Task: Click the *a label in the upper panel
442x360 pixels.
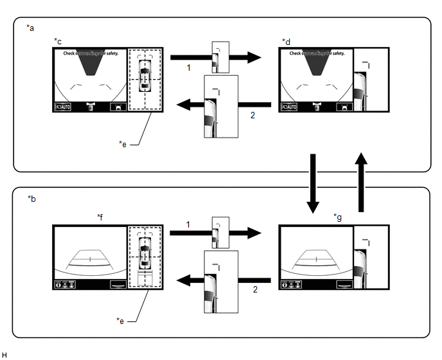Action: point(31,28)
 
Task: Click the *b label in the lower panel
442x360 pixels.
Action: point(31,199)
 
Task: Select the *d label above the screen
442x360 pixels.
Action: point(286,41)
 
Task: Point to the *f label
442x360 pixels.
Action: point(101,217)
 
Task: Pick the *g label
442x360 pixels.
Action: point(338,217)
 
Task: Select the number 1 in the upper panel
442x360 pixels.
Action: point(189,67)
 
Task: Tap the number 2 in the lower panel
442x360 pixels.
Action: point(255,290)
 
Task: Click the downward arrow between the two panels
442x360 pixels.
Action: point(314,183)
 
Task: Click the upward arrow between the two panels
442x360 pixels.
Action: point(362,183)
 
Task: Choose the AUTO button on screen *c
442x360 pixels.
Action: point(64,107)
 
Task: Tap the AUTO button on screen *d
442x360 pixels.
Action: point(289,107)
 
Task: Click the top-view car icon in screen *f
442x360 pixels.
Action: point(145,251)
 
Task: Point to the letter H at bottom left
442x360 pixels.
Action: point(4,355)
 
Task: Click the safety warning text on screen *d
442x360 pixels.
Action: point(317,53)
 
